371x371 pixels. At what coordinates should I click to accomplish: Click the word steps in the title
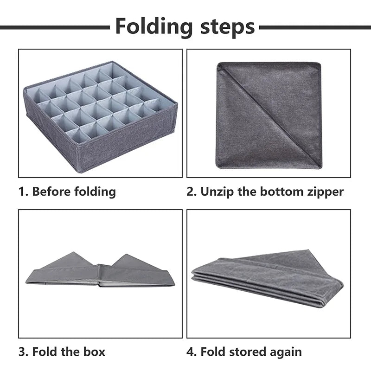[226, 27]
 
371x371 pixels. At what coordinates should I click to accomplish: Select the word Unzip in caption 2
[217, 192]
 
